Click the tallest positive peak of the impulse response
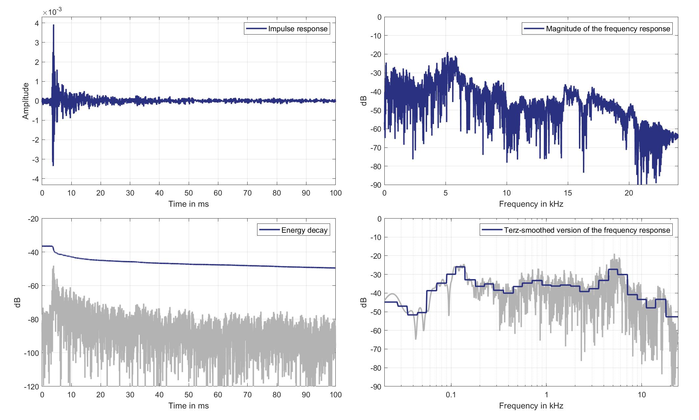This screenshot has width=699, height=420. (53, 25)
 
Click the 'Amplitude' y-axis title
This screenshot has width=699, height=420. (26, 101)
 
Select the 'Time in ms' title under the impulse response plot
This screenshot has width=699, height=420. (188, 204)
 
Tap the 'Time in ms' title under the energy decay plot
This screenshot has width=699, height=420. (188, 406)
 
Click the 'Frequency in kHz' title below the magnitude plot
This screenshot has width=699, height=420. (531, 204)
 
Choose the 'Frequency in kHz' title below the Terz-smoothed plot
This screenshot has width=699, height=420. (531, 406)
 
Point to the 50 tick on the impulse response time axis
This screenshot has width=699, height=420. (188, 193)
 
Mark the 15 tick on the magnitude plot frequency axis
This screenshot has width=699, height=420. (568, 193)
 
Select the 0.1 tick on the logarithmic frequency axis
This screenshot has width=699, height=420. (451, 395)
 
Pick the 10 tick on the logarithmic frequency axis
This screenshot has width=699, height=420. (641, 395)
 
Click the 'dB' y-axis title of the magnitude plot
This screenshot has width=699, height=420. (364, 101)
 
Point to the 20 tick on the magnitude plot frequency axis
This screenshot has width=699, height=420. (629, 193)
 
